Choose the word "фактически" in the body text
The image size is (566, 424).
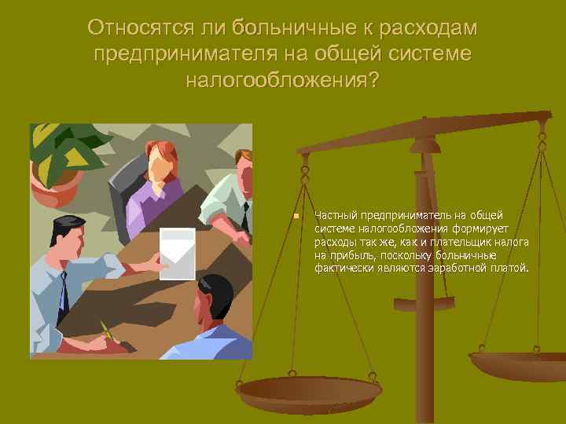coord(340,269)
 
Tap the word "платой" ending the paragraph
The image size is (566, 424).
coord(512,269)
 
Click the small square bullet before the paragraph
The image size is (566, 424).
coord(294,215)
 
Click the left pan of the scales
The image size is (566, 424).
coord(310,393)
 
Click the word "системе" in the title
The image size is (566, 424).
coord(428,55)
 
